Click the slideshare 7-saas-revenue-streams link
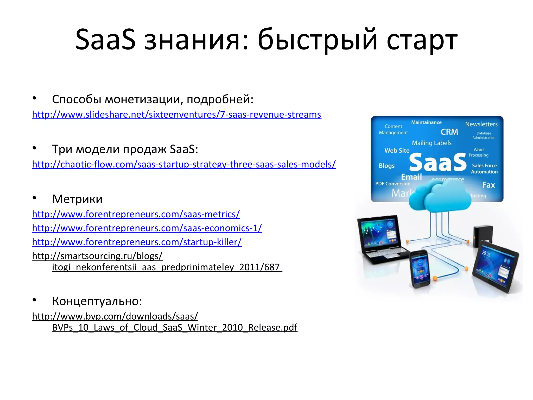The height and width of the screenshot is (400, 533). [176, 115]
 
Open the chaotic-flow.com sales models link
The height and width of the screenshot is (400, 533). [184, 164]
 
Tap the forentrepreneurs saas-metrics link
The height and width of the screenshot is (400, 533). [136, 214]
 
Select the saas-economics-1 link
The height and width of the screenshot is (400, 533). [147, 228]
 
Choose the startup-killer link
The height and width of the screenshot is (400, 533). [137, 242]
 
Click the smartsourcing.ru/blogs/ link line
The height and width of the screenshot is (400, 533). [97, 256]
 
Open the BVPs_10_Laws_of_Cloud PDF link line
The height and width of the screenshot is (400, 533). [174, 327]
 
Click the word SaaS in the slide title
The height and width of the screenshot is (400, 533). [105, 40]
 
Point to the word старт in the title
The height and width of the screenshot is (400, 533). [422, 40]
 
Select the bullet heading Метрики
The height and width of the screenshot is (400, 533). [77, 199]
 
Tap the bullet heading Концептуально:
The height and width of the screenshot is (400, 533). [97, 301]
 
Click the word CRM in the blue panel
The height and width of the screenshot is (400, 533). [449, 132]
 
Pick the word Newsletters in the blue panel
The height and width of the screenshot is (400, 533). [481, 124]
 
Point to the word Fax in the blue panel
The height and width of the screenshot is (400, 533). [488, 185]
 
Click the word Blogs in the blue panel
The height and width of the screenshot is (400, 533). [386, 166]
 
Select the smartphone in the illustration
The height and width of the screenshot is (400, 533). [420, 269]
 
